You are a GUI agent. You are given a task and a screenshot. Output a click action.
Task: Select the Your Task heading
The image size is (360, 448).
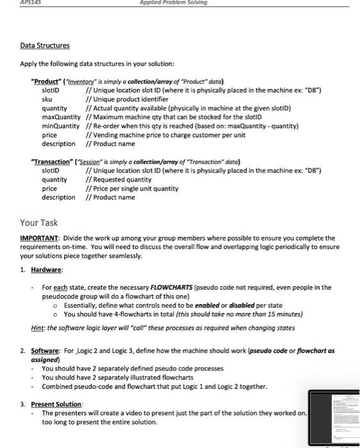click(x=39, y=223)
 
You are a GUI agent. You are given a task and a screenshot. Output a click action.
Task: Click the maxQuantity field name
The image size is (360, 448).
click(x=62, y=118)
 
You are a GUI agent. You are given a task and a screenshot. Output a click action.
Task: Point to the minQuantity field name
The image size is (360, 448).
click(x=62, y=127)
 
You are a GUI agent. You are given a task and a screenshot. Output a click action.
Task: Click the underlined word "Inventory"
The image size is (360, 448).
click(x=95, y=81)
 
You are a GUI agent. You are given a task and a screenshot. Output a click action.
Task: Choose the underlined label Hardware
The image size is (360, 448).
click(x=46, y=270)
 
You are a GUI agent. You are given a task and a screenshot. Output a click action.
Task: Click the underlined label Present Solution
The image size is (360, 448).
click(x=57, y=404)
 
